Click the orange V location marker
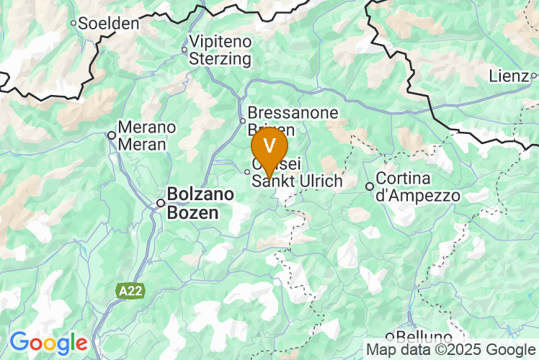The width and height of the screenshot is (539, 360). [269, 147]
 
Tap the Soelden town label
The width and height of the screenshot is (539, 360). [108, 23]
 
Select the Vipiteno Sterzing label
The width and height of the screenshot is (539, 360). [220, 50]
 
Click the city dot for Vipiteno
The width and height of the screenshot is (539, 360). [184, 50]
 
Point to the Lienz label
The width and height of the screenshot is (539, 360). [509, 75]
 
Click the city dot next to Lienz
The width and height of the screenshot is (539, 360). [534, 75]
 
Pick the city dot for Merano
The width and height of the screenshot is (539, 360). [112, 135]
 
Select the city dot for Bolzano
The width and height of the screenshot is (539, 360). [161, 203]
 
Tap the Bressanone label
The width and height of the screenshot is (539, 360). [282, 113]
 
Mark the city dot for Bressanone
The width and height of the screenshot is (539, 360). [243, 120]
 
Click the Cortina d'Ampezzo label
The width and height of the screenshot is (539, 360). [418, 186]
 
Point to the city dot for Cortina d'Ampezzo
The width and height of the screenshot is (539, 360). [370, 186]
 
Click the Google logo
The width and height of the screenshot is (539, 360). [48, 342]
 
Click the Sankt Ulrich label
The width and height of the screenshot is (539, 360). [296, 181]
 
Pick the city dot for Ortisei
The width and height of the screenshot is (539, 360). [247, 171]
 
